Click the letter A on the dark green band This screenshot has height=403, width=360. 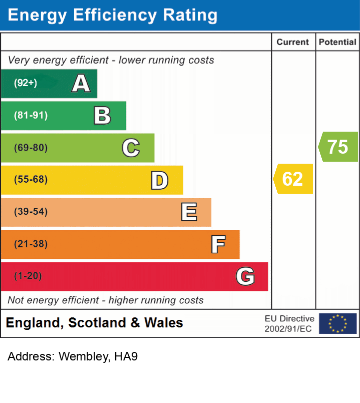pyautogui.click(x=81, y=83)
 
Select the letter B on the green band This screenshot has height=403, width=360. pyautogui.click(x=102, y=116)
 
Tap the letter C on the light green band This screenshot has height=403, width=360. pyautogui.click(x=131, y=148)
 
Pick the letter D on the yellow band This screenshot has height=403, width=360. pyautogui.click(x=159, y=180)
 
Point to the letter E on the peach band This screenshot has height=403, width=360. pyautogui.click(x=189, y=212)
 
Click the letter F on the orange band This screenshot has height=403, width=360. pyautogui.click(x=218, y=244)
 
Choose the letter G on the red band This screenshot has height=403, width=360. pyautogui.click(x=245, y=276)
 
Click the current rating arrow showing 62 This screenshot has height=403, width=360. pyautogui.click(x=293, y=179)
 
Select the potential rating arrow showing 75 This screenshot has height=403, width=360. pyautogui.click(x=338, y=147)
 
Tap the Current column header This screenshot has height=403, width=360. pyautogui.click(x=293, y=42)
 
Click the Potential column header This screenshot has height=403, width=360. pyautogui.click(x=337, y=42)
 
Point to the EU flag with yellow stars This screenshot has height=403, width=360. pyautogui.click(x=337, y=323)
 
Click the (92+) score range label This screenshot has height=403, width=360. pyautogui.click(x=26, y=83)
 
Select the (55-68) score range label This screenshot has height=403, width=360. pyautogui.click(x=31, y=180)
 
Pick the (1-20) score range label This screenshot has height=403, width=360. pyautogui.click(x=28, y=276)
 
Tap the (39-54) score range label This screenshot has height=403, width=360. pyautogui.click(x=31, y=212)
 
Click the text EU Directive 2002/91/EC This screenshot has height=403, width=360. pyautogui.click(x=289, y=323)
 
